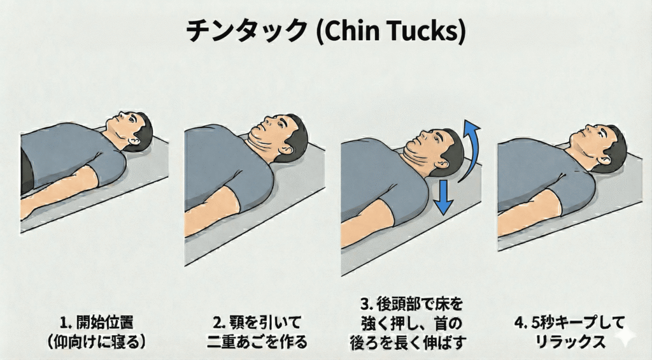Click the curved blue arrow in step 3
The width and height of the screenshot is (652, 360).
(471, 151)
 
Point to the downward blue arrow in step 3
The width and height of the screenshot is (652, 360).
(443, 198)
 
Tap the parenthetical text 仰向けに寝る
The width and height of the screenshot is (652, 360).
(96, 342)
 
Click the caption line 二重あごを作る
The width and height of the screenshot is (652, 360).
(257, 342)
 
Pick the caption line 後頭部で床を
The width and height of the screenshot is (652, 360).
(420, 304)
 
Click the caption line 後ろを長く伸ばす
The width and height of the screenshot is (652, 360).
(407, 342)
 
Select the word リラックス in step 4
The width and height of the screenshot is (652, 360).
(570, 342)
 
